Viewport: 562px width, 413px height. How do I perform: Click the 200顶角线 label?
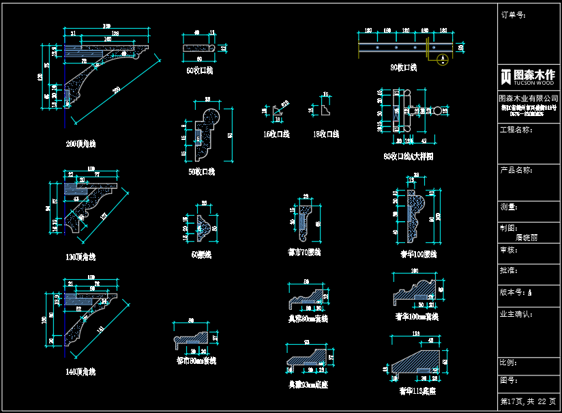tap(80, 144)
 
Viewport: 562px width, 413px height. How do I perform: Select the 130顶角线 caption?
tap(80, 257)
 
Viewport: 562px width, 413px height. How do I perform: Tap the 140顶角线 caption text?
tap(80, 372)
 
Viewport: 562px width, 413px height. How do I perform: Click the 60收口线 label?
tap(199, 70)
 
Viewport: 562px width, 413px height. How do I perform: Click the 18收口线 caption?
tap(326, 134)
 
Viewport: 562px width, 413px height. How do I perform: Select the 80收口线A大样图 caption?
tap(409, 156)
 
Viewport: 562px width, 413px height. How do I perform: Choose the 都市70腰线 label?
tap(304, 252)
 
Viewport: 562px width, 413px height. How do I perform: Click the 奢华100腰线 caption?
tap(417, 254)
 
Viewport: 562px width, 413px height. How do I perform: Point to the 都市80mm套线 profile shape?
tap(193, 338)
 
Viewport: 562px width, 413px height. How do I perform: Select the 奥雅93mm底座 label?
tap(308, 384)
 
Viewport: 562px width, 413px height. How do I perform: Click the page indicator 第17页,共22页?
tap(529, 401)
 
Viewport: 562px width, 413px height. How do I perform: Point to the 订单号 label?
tap(513, 14)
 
